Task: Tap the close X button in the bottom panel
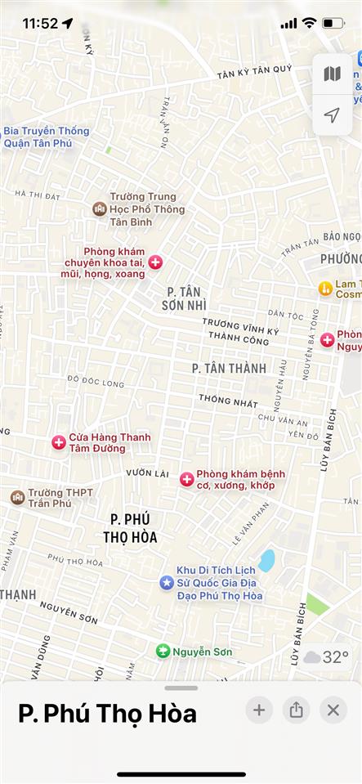point(333,710)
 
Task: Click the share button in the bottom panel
point(296,710)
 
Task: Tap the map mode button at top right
point(332,74)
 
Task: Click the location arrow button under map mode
point(332,115)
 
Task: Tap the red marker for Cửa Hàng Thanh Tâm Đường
point(59,442)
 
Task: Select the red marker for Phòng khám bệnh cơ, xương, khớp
point(186,479)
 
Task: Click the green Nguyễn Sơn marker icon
point(163,652)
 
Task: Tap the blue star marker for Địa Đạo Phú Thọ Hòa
point(167,582)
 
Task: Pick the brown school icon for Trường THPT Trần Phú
point(17,497)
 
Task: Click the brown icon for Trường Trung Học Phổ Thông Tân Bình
point(100,209)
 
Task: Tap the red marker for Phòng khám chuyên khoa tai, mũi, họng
point(155,262)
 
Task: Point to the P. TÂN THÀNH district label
point(229,369)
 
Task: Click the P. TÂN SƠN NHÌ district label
point(185,298)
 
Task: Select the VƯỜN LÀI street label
point(147,473)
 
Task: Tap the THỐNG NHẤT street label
point(228,401)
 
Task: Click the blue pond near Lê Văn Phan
point(266,560)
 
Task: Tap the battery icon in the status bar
point(333,23)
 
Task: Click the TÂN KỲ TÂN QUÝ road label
point(254,73)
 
